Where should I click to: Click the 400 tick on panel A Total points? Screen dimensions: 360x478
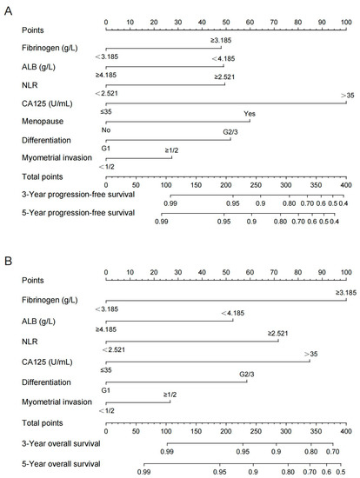[x=345, y=185]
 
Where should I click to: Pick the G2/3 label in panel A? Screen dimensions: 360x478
[x=230, y=132]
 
